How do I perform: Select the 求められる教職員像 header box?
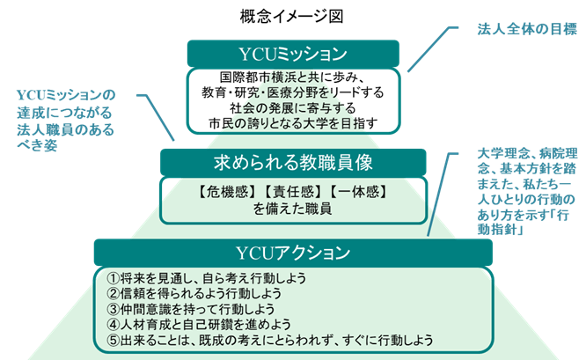coord(293,162)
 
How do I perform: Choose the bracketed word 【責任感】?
coord(293,192)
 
